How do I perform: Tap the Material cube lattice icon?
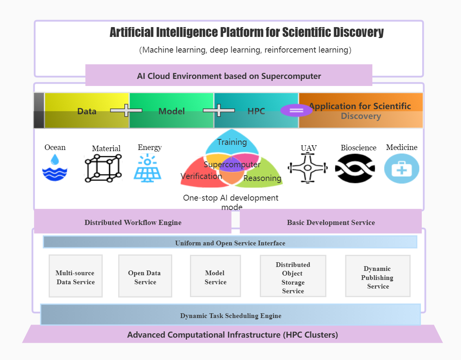(103, 168)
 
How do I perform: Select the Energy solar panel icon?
(148, 168)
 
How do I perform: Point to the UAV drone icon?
(308, 168)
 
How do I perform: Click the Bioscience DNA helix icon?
(355, 168)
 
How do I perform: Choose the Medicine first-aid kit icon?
(401, 168)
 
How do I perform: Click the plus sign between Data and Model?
(126, 110)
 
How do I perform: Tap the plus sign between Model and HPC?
(219, 110)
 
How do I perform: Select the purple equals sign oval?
(296, 110)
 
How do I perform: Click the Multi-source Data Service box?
(75, 276)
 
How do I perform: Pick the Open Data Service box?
(145, 276)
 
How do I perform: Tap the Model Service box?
(215, 276)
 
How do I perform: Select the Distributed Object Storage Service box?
(293, 276)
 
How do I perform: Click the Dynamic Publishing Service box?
(377, 276)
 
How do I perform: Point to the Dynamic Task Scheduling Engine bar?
(230, 315)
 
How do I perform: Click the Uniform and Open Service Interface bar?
(230, 243)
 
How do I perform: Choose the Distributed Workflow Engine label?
(133, 223)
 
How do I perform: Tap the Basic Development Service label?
(331, 223)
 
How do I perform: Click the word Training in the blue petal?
(232, 142)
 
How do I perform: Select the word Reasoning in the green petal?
(262, 178)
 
